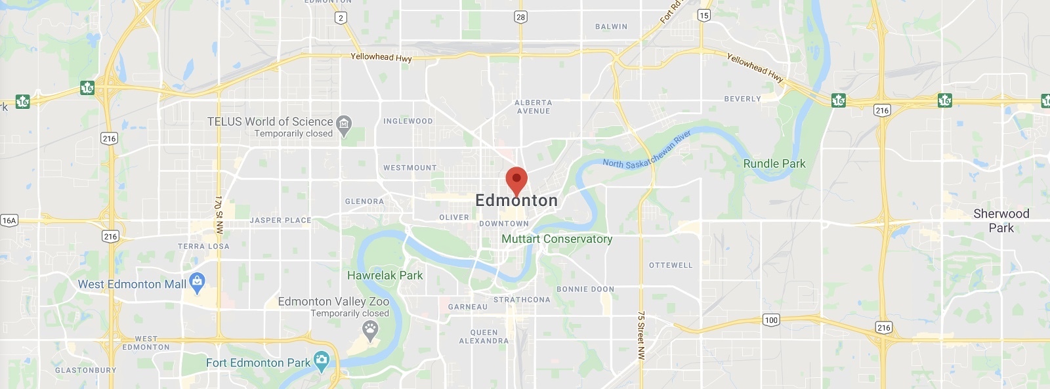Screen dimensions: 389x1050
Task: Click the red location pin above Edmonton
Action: [x=516, y=180]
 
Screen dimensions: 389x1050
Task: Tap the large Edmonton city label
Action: [x=516, y=201]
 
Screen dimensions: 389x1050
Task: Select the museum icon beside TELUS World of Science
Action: [x=344, y=123]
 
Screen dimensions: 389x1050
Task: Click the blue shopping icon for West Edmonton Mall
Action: [x=197, y=282]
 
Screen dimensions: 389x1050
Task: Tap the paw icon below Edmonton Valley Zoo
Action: [x=371, y=330]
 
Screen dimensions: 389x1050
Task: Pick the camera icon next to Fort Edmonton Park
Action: [x=322, y=360]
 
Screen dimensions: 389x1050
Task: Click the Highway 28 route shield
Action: [x=520, y=17]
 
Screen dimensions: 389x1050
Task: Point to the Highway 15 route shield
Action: [x=704, y=15]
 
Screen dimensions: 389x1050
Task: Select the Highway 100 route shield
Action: [x=771, y=320]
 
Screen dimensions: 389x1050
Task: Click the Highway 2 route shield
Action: [x=340, y=18]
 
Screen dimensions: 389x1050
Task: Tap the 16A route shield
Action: [x=9, y=220]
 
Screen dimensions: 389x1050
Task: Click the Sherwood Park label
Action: [x=1001, y=220]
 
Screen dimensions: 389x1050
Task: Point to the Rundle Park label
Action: [x=774, y=164]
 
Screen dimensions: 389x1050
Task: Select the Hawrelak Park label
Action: [x=385, y=276]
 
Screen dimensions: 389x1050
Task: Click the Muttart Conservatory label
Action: [x=556, y=239]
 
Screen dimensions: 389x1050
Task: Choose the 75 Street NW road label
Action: [x=641, y=335]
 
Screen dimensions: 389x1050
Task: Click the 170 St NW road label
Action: [x=219, y=215]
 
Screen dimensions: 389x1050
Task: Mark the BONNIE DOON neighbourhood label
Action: [x=585, y=289]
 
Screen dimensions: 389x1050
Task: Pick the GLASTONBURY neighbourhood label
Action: [x=85, y=370]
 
